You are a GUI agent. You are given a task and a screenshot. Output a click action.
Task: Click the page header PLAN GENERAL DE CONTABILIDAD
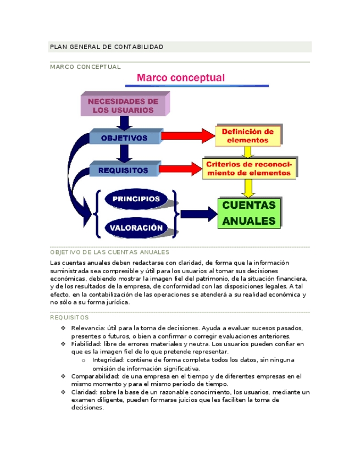click(107, 47)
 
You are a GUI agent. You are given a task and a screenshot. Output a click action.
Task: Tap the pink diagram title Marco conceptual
click(181, 78)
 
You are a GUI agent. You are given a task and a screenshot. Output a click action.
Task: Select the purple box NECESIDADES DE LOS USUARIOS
click(124, 106)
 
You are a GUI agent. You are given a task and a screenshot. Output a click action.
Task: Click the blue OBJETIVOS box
click(124, 138)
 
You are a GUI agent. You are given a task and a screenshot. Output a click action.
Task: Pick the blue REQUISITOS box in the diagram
click(124, 170)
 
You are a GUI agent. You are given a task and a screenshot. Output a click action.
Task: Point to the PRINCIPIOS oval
click(136, 199)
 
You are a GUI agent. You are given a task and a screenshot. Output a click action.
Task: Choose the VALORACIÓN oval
click(136, 228)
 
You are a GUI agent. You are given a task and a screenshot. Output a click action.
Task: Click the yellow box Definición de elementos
click(247, 136)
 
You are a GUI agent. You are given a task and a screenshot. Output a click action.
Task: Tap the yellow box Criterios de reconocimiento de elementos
click(248, 169)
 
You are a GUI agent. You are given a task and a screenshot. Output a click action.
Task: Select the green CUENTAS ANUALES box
click(250, 213)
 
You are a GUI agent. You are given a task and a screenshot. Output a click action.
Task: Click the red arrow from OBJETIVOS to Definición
click(187, 135)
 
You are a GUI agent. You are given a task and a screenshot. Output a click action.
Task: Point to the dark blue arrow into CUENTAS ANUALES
click(198, 214)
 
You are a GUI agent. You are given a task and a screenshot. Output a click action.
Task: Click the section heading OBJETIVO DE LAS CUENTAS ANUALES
click(109, 252)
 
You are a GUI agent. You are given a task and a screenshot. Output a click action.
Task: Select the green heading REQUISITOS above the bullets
click(69, 318)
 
